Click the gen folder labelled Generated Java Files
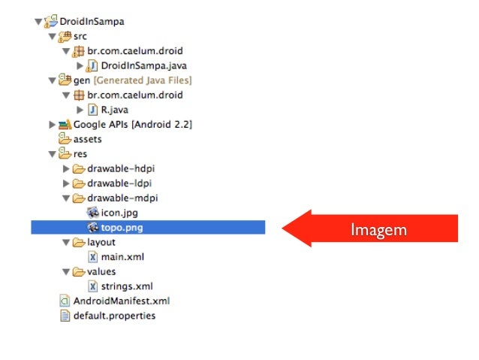click(x=131, y=80)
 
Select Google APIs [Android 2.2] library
click(x=132, y=124)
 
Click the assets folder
click(x=87, y=139)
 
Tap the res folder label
click(x=80, y=153)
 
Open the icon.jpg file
click(x=119, y=213)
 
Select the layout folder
click(x=101, y=242)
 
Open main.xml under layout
click(x=122, y=256)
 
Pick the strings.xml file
click(x=127, y=286)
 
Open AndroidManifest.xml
click(x=120, y=301)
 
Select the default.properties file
click(x=113, y=316)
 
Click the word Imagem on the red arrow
click(x=378, y=230)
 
